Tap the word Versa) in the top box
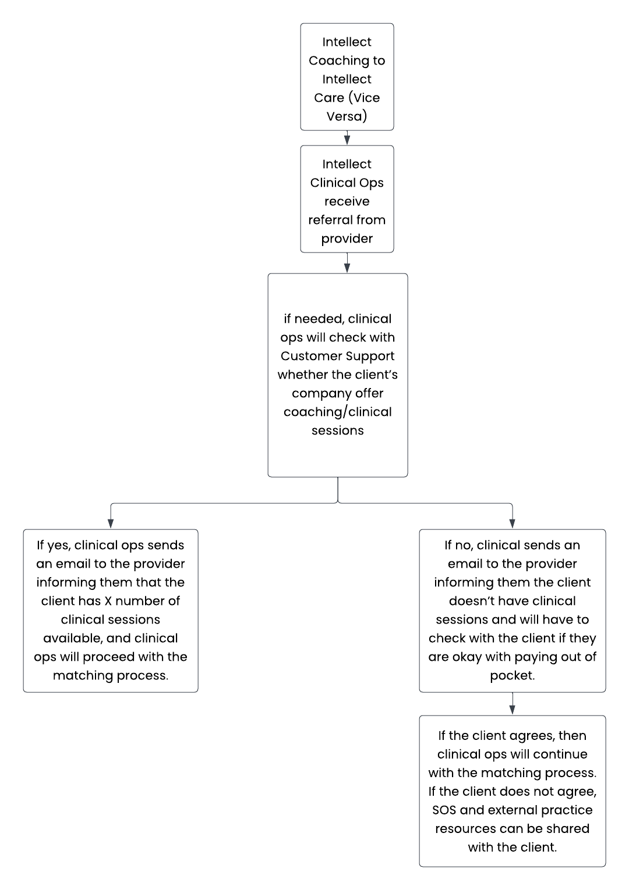[x=347, y=116]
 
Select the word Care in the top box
[x=328, y=98]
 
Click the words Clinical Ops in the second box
[x=347, y=183]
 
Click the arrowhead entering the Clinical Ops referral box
[x=347, y=140]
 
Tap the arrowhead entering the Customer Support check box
[x=347, y=268]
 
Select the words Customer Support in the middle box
[x=337, y=357]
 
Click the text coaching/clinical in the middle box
[x=337, y=412]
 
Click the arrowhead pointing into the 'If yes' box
[x=111, y=524]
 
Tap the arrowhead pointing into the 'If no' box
[x=512, y=524]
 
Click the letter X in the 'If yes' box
[x=108, y=601]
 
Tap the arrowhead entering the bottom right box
[x=512, y=710]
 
